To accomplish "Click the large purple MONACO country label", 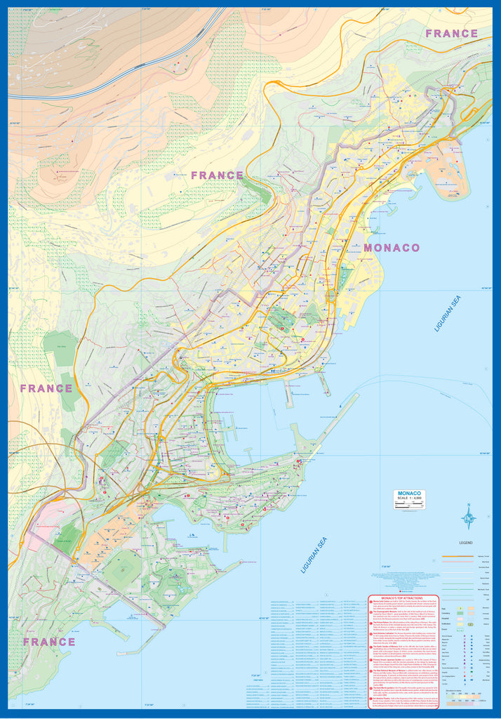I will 392,248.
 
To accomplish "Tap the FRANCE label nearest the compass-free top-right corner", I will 451,33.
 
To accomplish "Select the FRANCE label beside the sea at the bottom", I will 48,641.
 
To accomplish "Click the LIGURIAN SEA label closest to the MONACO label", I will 448,313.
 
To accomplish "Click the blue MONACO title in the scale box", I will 409,494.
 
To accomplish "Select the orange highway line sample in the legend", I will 455,555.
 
